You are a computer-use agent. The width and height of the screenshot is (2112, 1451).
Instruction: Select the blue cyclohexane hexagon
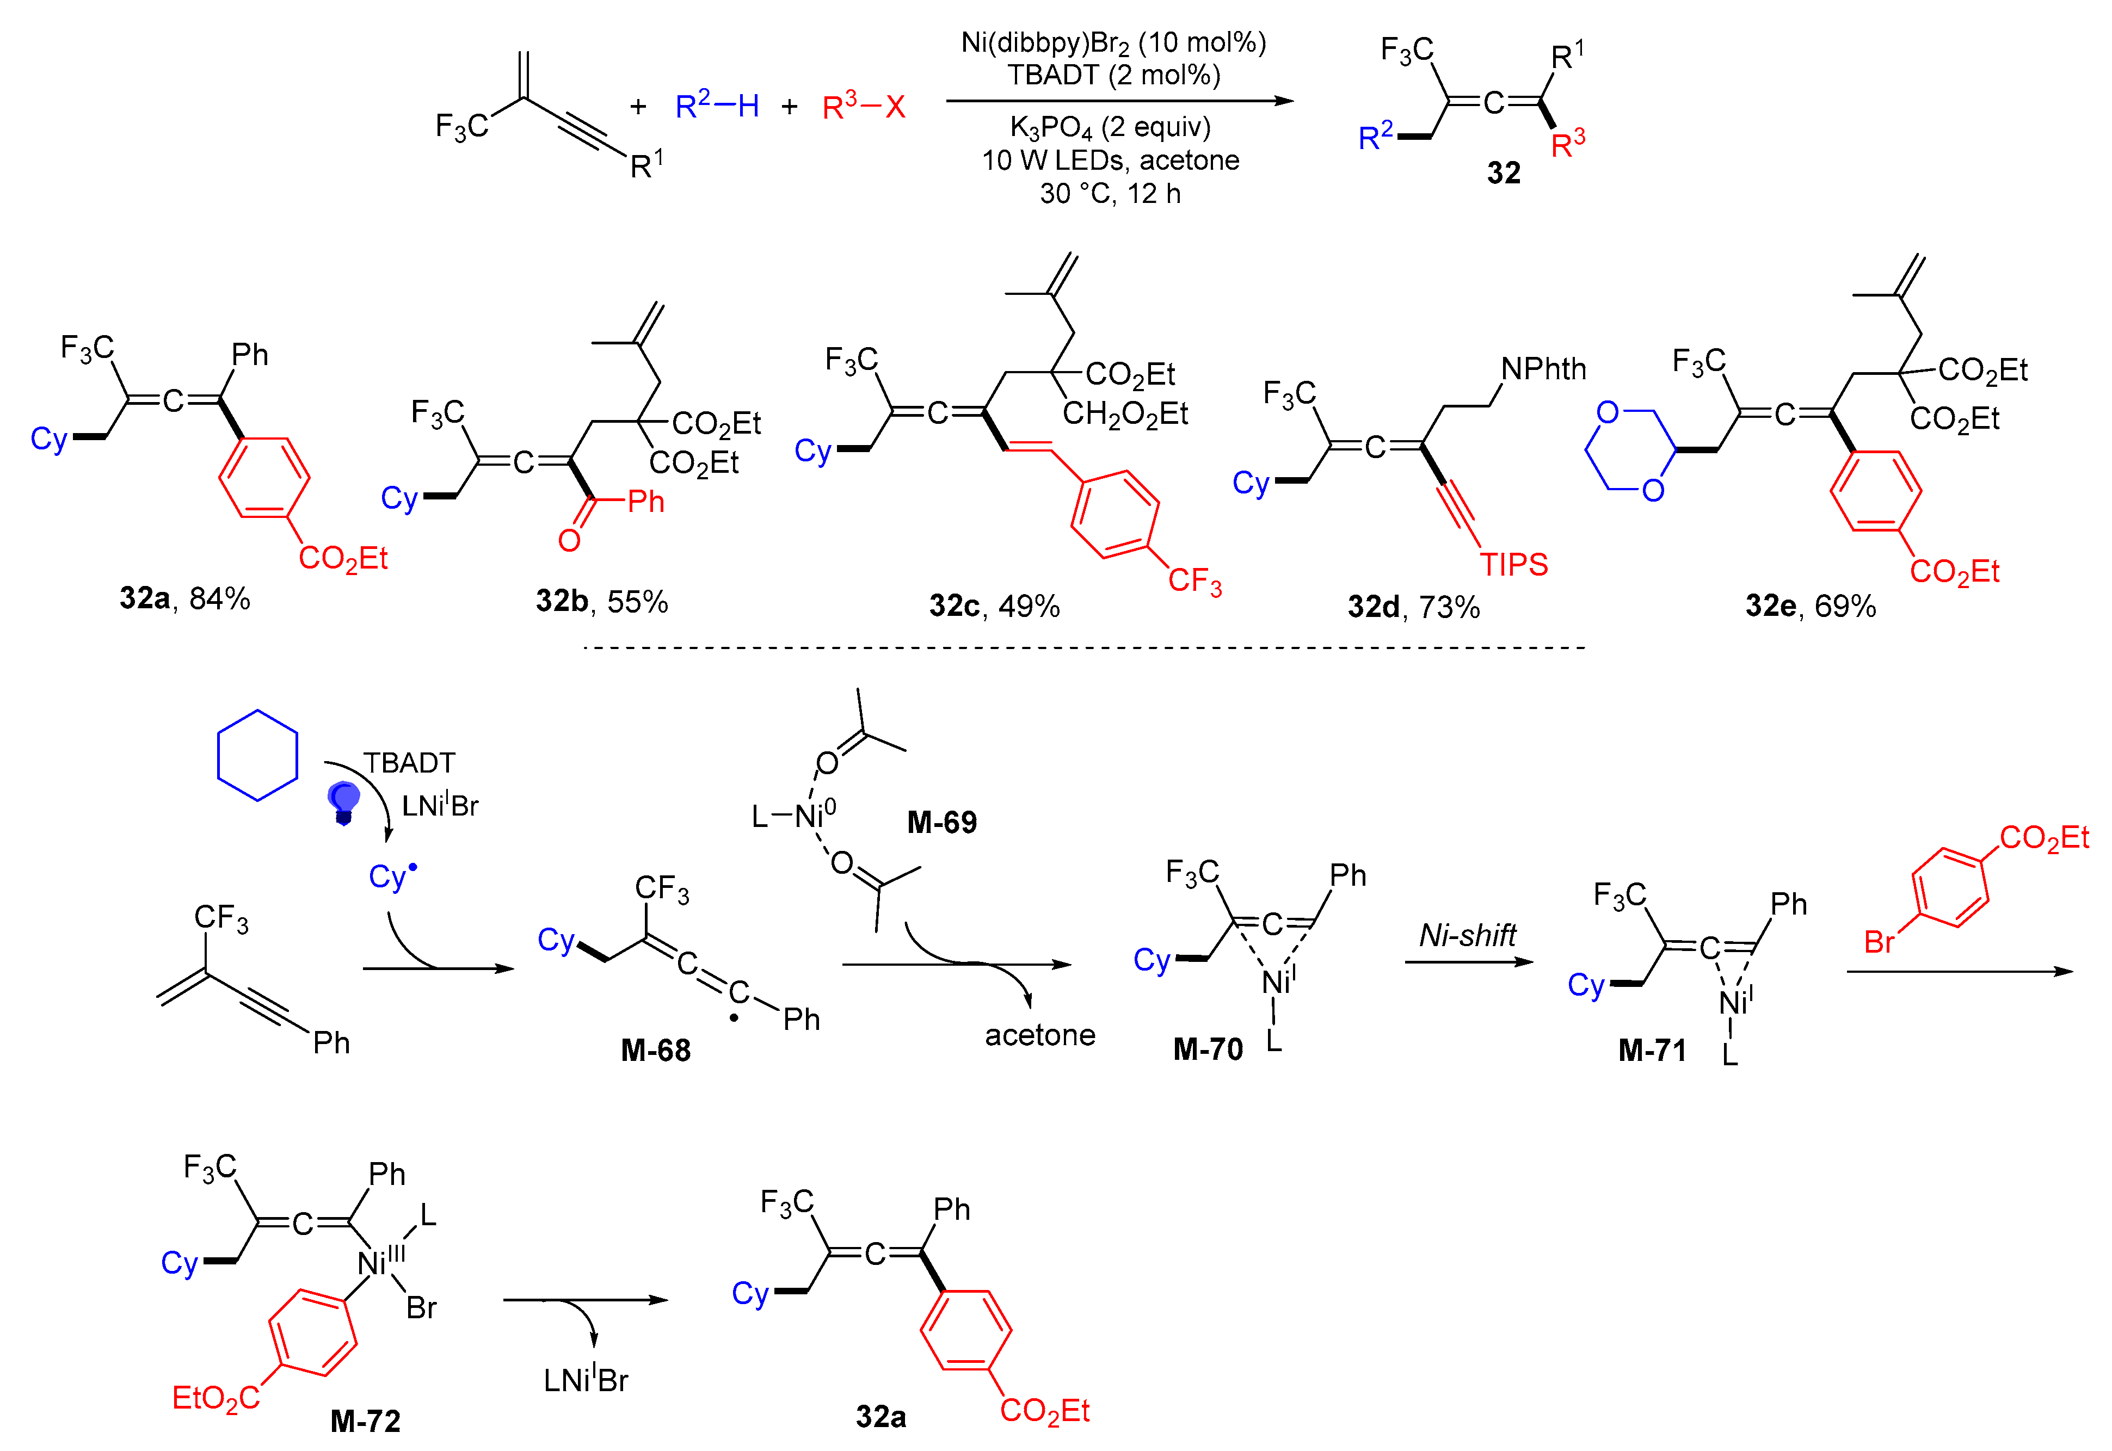point(257,756)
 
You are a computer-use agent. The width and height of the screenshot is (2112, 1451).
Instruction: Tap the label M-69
point(942,822)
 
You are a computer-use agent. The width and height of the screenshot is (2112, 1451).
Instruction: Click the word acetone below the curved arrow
point(1040,1035)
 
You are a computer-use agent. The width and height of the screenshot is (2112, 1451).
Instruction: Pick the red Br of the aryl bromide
point(1879,942)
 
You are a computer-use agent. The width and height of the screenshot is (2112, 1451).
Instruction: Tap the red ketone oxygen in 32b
point(569,541)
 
